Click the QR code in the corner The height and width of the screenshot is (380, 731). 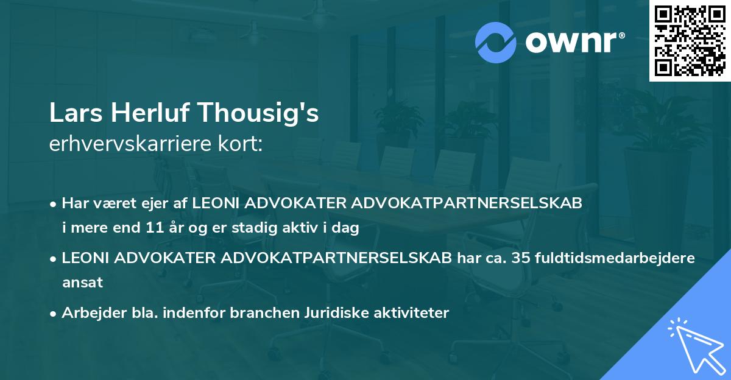click(690, 41)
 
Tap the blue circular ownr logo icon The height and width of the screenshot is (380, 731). click(496, 42)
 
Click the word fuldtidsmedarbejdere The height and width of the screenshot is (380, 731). click(615, 258)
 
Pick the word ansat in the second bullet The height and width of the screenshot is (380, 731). click(82, 282)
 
